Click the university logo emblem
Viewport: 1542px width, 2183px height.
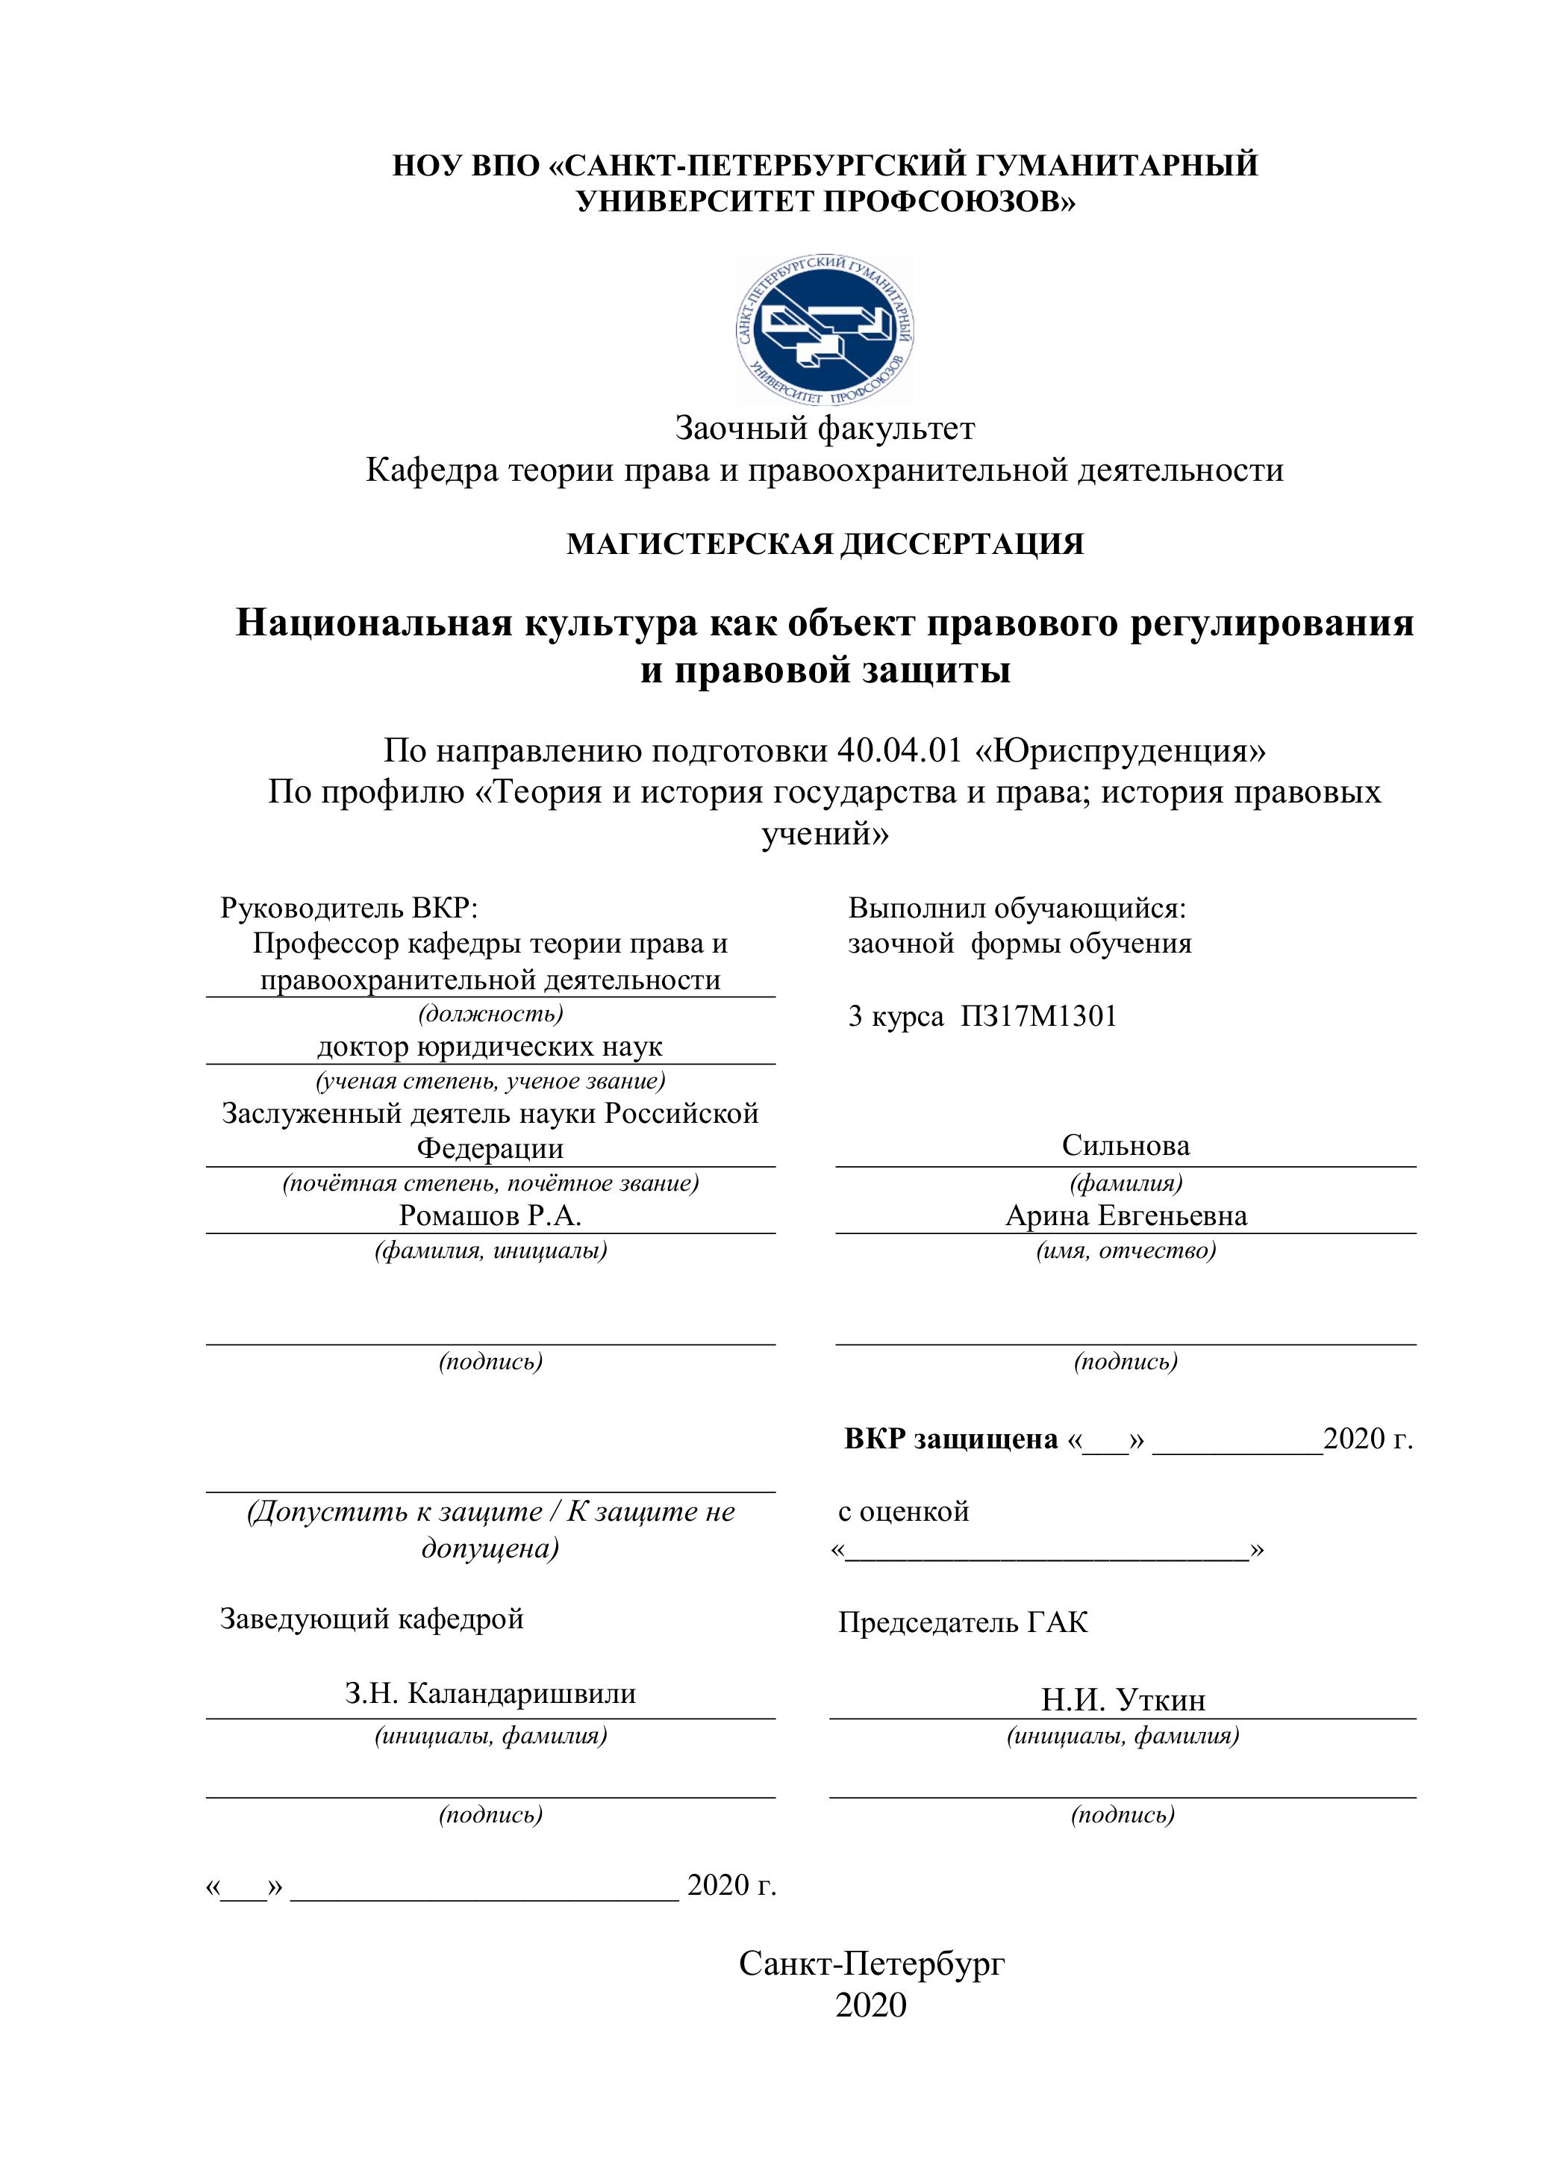[825, 330]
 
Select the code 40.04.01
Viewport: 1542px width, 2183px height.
[899, 751]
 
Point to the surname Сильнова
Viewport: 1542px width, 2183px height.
[1126, 1146]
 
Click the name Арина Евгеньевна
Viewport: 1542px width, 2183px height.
[1126, 1216]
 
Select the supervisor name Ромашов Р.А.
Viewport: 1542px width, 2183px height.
[490, 1216]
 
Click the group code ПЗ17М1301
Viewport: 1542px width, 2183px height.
[1038, 1016]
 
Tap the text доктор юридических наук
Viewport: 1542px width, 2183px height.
[490, 1047]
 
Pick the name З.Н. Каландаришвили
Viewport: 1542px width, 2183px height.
[490, 1693]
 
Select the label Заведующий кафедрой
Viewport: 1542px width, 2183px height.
[372, 1619]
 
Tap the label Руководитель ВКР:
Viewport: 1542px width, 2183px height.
[349, 908]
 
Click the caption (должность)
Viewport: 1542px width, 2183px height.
[490, 1014]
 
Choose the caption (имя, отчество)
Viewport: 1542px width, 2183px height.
[1126, 1251]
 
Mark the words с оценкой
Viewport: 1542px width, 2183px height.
[903, 1511]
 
